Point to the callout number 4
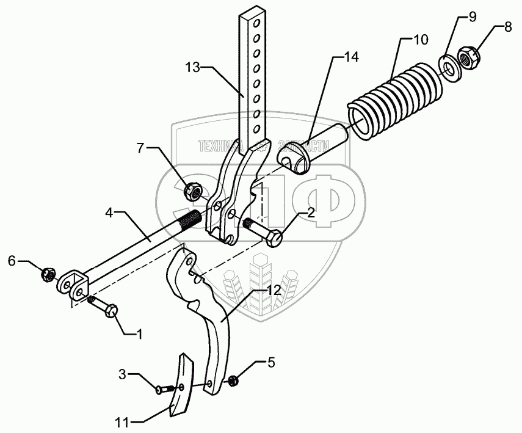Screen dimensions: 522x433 pyautogui.click(x=109, y=214)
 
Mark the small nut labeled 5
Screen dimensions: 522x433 pyautogui.click(x=233, y=382)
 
